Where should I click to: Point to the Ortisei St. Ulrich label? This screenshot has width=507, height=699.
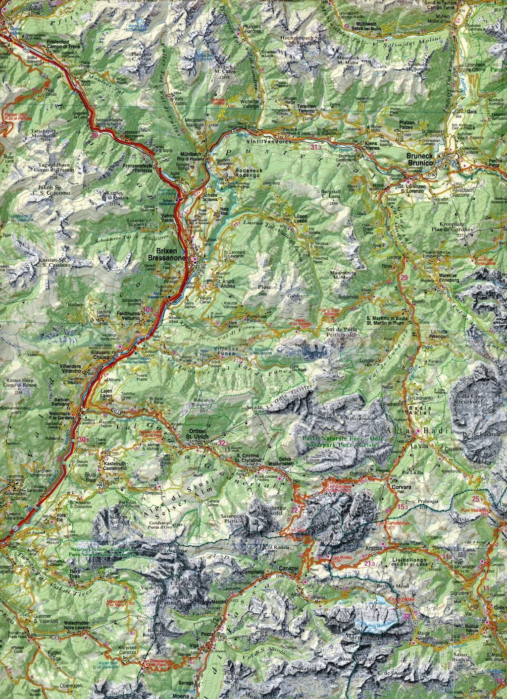pyautogui.click(x=196, y=434)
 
